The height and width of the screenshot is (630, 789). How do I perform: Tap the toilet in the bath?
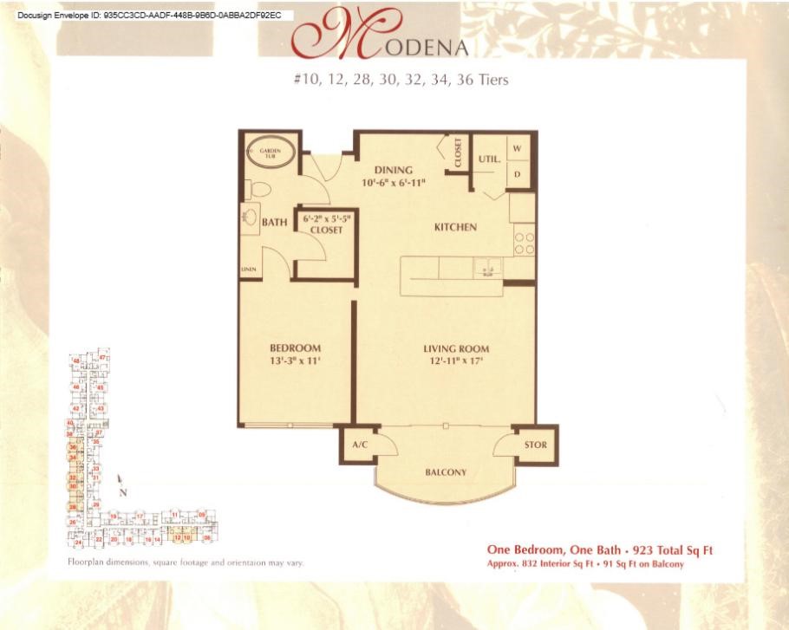click(x=257, y=188)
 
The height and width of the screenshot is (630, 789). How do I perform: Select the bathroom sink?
click(x=251, y=219)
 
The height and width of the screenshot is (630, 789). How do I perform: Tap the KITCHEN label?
click(x=455, y=227)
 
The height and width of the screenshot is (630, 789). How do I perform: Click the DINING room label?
click(x=393, y=170)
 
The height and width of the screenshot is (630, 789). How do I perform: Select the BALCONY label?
click(x=446, y=472)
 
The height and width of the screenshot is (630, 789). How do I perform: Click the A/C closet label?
click(x=361, y=445)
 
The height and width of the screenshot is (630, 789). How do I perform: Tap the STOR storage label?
click(x=535, y=445)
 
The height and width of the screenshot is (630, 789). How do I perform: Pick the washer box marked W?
click(x=518, y=149)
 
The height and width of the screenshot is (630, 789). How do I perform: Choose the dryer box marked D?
click(x=518, y=173)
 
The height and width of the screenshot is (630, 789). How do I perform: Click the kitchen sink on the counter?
click(x=487, y=268)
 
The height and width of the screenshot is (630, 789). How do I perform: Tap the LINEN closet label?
click(x=248, y=270)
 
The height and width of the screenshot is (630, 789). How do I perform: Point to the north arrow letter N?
click(x=123, y=492)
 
